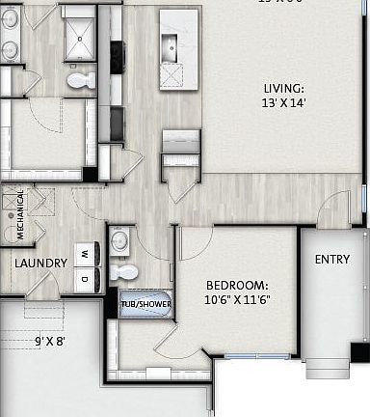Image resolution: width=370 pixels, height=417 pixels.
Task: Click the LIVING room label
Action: coord(283,88)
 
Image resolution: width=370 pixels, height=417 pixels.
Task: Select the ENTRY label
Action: coord(332,259)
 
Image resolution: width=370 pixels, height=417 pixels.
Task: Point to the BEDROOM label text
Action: coord(236,286)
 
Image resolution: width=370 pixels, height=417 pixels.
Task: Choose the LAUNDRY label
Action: coord(40,264)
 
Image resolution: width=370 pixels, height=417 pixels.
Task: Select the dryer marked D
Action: coord(85,279)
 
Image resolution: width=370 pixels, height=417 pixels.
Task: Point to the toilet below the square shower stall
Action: coord(81,80)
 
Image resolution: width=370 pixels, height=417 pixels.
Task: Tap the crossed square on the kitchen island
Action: coord(172,73)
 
